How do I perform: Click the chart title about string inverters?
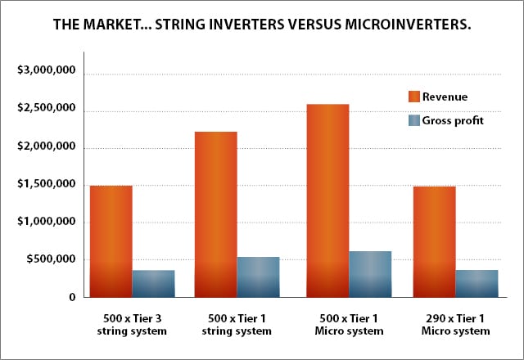pos(262,25)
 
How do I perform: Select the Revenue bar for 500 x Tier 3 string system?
pos(111,241)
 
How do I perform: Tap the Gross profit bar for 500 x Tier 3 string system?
pos(153,284)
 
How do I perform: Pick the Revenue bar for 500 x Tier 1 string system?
pos(216,214)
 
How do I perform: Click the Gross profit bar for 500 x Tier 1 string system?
pos(259,277)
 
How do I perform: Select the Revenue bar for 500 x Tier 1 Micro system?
pos(327,200)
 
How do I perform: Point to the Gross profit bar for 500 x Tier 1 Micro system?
pos(370,274)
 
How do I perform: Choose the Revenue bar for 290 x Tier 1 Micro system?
pos(435,242)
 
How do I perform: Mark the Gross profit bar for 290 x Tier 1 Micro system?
pos(477,284)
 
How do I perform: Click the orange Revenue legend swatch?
pos(414,97)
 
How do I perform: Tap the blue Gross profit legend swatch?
pos(414,120)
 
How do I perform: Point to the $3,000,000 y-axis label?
pos(47,70)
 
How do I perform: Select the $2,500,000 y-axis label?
pos(47,108)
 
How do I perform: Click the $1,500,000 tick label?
pos(47,183)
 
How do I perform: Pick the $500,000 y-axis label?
pos(51,259)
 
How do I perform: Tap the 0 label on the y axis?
pos(72,297)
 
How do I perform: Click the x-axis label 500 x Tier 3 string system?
pos(132,325)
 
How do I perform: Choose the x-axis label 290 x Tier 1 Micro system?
pos(455,325)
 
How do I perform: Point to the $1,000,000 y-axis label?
pos(47,222)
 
